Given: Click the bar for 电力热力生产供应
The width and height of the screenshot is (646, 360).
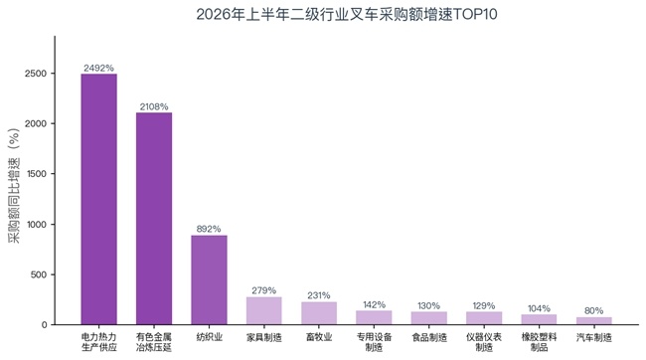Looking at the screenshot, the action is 98,199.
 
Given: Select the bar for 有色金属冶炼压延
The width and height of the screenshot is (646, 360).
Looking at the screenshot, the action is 154,219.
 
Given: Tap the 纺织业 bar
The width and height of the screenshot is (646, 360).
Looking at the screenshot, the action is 209,280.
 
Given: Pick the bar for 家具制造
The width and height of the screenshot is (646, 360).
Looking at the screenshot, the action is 264,310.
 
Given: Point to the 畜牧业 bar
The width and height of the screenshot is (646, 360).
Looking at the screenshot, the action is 319,313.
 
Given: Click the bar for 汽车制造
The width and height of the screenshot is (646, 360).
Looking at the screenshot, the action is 594,321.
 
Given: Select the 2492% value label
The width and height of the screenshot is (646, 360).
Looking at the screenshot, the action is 98,68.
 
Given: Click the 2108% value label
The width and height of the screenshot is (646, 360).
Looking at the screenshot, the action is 154,106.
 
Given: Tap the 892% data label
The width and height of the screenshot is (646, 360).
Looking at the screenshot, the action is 209,229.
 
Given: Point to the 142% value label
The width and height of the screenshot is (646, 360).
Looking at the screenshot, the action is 374,304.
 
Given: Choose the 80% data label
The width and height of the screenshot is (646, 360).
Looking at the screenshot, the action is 593,310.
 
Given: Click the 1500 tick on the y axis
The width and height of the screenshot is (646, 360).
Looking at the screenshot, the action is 37,174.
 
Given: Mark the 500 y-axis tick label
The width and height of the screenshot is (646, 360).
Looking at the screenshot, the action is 39,274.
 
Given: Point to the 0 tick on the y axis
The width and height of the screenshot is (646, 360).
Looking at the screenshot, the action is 44,325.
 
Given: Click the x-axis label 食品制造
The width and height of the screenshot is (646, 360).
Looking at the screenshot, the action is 429,337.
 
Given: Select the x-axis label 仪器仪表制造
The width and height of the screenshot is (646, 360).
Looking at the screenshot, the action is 484,342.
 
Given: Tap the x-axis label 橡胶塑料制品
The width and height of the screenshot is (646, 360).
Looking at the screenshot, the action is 539,342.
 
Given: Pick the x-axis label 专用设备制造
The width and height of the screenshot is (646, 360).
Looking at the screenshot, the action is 374,342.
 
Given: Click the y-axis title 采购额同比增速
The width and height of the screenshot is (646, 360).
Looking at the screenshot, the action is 14,201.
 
